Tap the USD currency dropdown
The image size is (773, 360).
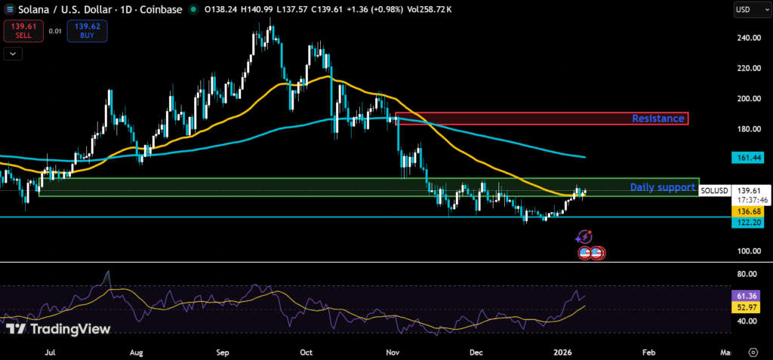coord(748,10)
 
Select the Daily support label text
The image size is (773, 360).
coord(662,186)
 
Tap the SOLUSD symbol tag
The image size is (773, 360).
coord(713,191)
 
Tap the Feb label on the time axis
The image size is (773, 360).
coord(648,352)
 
